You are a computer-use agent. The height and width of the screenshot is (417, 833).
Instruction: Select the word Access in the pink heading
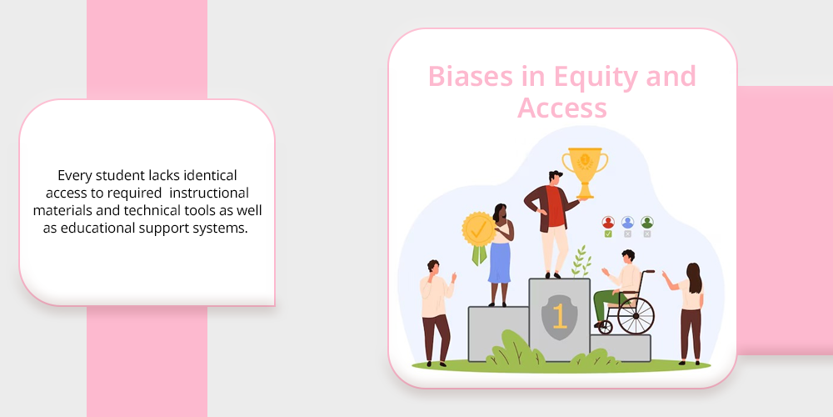[562, 108]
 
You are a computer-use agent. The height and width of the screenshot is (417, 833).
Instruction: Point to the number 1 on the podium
[559, 316]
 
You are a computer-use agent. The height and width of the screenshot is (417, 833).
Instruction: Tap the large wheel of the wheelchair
[636, 315]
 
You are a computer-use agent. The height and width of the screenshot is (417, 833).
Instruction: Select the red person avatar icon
[608, 223]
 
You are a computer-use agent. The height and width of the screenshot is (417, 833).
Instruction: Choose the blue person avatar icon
[627, 223]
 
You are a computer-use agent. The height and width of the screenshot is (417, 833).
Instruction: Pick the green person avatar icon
[646, 223]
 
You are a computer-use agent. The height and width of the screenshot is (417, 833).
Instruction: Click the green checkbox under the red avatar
[608, 234]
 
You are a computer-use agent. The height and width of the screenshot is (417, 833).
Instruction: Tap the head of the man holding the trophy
[555, 178]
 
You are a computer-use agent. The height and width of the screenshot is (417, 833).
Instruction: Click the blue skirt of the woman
[499, 262]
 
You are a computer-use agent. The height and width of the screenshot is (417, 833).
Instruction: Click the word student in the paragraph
[112, 175]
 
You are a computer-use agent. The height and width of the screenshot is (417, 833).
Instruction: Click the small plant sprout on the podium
[581, 261]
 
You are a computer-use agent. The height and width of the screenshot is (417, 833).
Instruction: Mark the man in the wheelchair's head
[628, 256]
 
